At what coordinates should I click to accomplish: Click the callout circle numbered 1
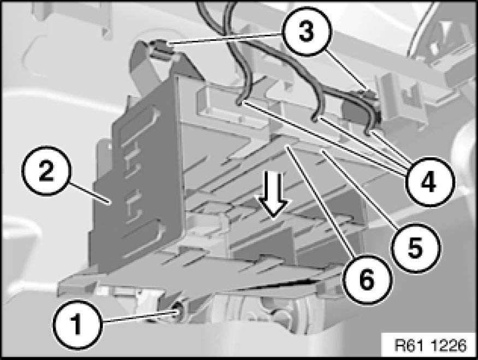(78, 325)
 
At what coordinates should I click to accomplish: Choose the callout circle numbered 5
(416, 247)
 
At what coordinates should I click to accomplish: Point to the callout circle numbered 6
(367, 279)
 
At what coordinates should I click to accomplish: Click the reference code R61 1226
(430, 345)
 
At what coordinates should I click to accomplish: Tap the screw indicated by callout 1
(176, 311)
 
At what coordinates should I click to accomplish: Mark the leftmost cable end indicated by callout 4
(241, 103)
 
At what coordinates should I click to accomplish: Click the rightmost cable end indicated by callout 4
(368, 132)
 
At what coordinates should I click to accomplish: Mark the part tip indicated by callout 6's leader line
(287, 147)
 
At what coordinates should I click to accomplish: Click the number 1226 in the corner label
(449, 345)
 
